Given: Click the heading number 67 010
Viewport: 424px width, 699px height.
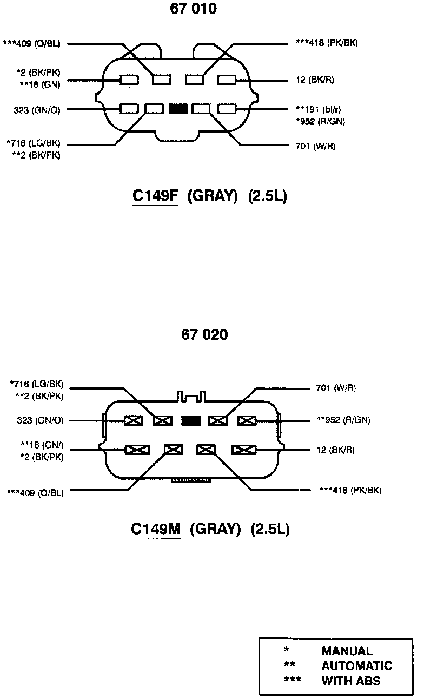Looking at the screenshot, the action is pyautogui.click(x=193, y=9).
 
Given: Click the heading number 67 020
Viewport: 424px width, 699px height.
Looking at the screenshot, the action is pyautogui.click(x=204, y=335).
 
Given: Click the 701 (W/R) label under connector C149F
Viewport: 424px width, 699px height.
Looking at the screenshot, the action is pyautogui.click(x=316, y=146).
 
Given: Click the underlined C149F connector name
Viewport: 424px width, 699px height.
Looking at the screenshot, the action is pyautogui.click(x=155, y=196).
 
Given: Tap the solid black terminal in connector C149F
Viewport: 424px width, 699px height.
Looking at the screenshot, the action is pyautogui.click(x=178, y=109).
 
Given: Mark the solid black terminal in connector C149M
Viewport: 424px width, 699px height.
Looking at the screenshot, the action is pyautogui.click(x=191, y=420).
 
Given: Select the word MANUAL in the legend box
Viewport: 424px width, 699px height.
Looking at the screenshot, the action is pyautogui.click(x=347, y=651).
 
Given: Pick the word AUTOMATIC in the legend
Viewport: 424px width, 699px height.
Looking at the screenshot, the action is pyautogui.click(x=356, y=666).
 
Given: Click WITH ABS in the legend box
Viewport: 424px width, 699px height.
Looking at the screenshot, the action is pyautogui.click(x=351, y=681).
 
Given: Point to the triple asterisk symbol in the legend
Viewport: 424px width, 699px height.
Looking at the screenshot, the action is pyautogui.click(x=293, y=680).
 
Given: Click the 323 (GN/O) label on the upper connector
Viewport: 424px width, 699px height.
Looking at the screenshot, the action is pyautogui.click(x=37, y=110).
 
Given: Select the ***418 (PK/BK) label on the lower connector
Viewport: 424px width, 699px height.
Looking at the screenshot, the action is pyautogui.click(x=350, y=490).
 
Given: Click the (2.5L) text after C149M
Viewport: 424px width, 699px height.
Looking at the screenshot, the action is pyautogui.click(x=270, y=529).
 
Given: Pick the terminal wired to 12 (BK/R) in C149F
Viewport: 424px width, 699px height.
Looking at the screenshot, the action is pyautogui.click(x=227, y=80).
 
